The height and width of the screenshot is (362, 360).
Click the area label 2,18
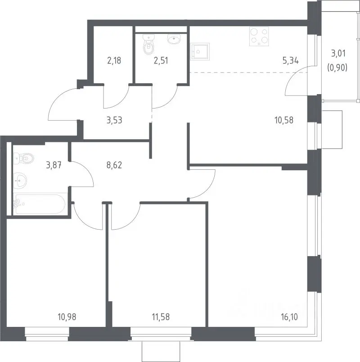coord(114,60)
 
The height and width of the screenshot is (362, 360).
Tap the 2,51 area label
coord(161,60)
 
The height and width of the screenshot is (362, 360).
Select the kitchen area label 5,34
coord(291,60)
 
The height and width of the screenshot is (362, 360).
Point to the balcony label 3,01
coord(338,53)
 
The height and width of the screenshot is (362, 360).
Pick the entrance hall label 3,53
coord(114,120)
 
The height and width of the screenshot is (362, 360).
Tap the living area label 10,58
coord(284,120)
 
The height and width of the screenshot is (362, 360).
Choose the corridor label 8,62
coord(114,165)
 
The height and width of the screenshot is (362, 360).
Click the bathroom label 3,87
coord(54,165)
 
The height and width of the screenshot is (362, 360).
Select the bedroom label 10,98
coord(67,317)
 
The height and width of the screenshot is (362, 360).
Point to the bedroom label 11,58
coord(161,317)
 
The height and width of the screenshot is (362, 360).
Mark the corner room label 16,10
coord(289,317)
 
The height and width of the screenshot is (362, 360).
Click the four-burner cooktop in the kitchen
coord(259,36)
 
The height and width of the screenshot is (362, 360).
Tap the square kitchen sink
coord(200,51)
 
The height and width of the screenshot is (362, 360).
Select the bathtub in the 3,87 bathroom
coord(40,204)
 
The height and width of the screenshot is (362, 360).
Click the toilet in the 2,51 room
coord(148,45)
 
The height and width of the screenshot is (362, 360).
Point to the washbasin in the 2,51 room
coord(174,39)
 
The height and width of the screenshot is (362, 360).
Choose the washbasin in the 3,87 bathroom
coord(20,180)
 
